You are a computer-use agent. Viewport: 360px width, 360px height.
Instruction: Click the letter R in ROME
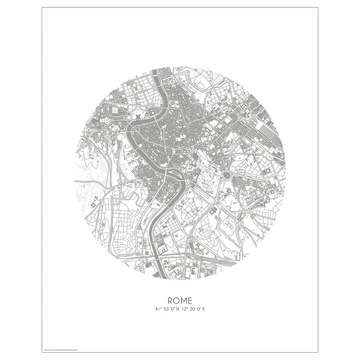point(170,300)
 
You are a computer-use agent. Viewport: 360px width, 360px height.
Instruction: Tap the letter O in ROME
point(176,300)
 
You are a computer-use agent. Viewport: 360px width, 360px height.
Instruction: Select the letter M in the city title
point(184,300)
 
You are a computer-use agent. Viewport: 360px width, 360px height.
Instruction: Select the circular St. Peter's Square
point(107,120)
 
